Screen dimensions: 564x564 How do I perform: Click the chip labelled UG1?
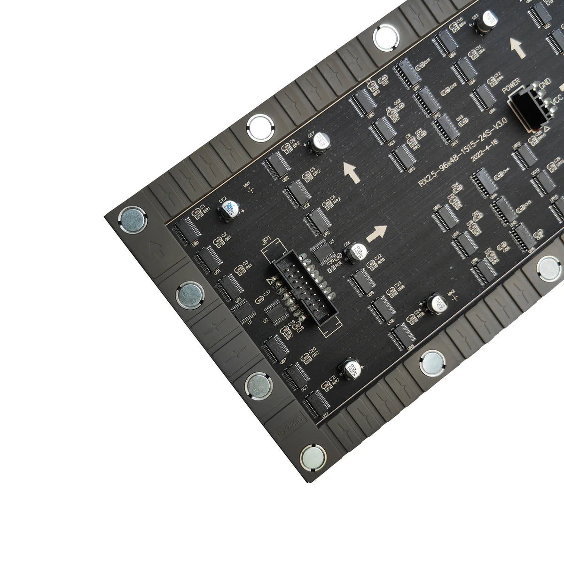(207, 259)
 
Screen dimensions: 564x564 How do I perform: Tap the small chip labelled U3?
(322, 251)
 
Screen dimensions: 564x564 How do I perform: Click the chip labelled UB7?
(275, 348)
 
